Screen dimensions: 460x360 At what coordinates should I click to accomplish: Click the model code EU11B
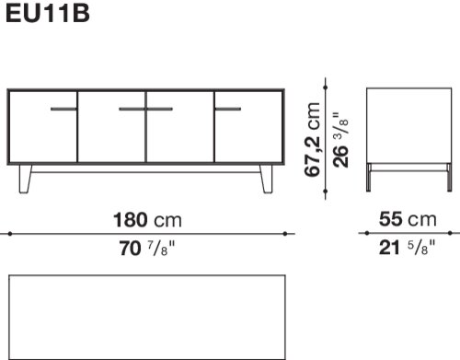pyautogui.click(x=48, y=13)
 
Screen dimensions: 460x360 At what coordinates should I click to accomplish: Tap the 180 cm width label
pyautogui.click(x=147, y=220)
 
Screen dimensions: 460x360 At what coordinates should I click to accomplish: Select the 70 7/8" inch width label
pyautogui.click(x=147, y=249)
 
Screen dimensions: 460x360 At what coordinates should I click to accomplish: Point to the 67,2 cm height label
pyautogui.click(x=313, y=139)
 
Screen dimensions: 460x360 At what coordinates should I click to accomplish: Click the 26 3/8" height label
pyautogui.click(x=340, y=140)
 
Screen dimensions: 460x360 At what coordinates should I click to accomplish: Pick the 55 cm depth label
pyautogui.click(x=408, y=219)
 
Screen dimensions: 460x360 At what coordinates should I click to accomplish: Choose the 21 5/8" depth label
pyautogui.click(x=407, y=248)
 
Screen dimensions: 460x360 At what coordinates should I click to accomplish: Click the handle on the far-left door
pyautogui.click(x=63, y=109)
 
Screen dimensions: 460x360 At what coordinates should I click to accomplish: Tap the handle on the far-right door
pyautogui.click(x=228, y=109)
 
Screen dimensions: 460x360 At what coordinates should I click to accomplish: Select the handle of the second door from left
pyautogui.click(x=132, y=109)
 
